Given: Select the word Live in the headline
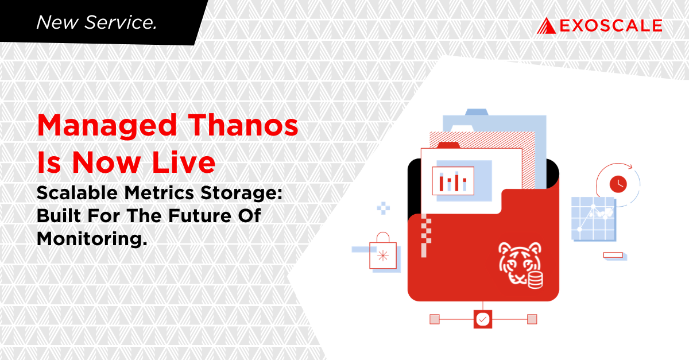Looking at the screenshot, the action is pyautogui.click(x=184, y=162).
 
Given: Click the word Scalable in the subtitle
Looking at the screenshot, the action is pyautogui.click(x=77, y=193).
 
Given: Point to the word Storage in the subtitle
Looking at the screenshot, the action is pyautogui.click(x=241, y=194).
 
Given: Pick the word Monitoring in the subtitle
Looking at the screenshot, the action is pyautogui.click(x=92, y=239).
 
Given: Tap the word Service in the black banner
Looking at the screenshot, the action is pyautogui.click(x=121, y=22).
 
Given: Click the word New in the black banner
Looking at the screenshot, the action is pyautogui.click(x=57, y=22).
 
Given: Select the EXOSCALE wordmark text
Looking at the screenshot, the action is pyautogui.click(x=611, y=25).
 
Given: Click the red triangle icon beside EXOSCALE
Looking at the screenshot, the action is pyautogui.click(x=546, y=25).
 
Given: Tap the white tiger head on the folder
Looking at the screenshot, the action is pyautogui.click(x=520, y=263).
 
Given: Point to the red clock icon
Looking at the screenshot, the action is pyautogui.click(x=618, y=184).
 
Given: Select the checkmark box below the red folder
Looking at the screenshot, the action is pyautogui.click(x=483, y=319).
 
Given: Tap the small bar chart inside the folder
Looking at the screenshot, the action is pyautogui.click(x=453, y=181).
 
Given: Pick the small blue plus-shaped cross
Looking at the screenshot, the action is pyautogui.click(x=384, y=208).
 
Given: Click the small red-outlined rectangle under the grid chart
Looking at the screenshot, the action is pyautogui.click(x=613, y=255).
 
